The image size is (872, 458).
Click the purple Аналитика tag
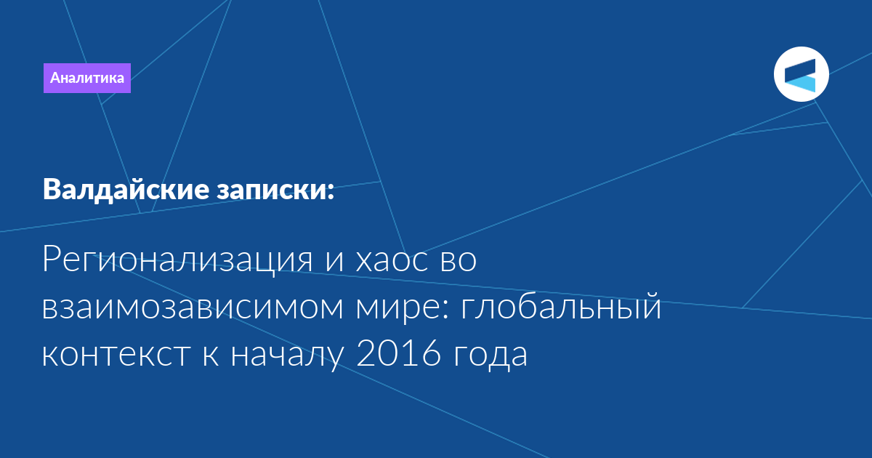86,78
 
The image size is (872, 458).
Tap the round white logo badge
801,74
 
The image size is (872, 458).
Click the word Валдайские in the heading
126,190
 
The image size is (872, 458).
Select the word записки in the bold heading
270,190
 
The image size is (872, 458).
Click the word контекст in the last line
116,355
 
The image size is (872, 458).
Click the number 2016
399,353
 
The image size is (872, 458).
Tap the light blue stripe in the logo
801,84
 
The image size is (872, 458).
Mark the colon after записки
331,191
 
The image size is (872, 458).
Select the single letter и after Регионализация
335,261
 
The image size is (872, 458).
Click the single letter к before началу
211,355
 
